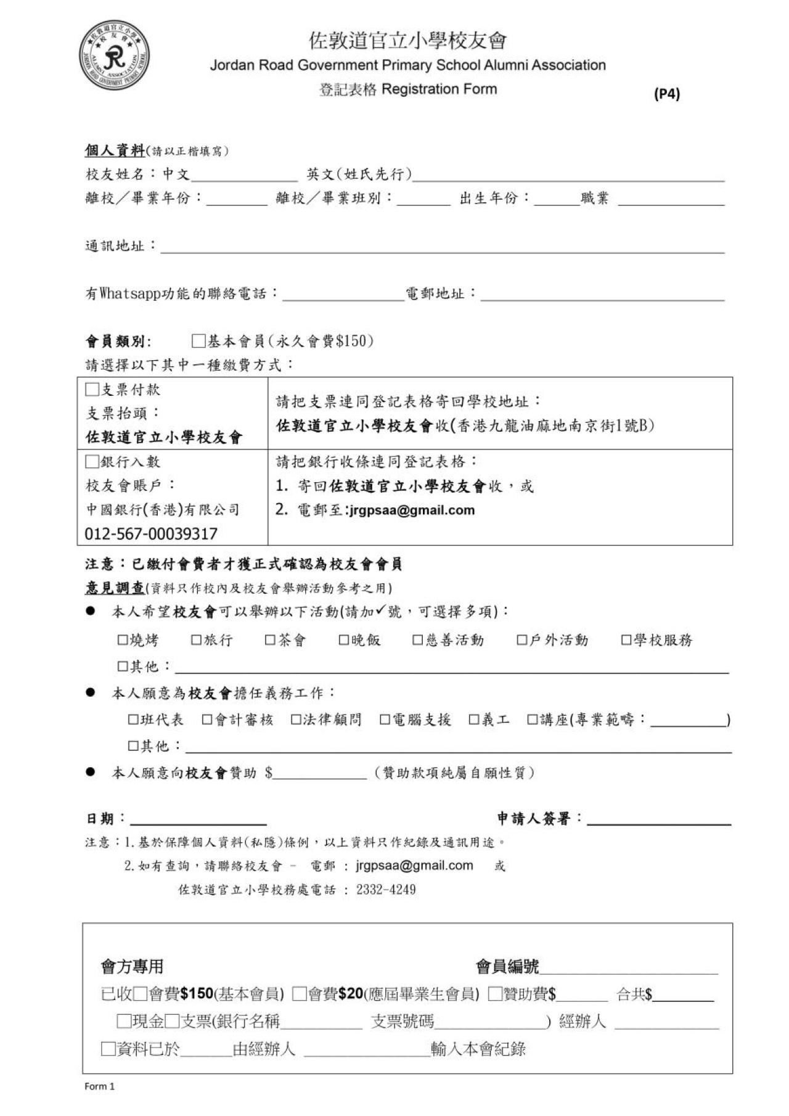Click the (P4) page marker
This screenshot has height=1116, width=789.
tap(666, 94)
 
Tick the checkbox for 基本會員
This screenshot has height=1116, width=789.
tap(198, 341)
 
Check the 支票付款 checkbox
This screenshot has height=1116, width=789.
tap(92, 389)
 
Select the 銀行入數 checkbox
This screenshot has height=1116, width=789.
tap(92, 461)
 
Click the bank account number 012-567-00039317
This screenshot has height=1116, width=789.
tap(151, 533)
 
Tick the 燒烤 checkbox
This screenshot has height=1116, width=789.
tap(123, 640)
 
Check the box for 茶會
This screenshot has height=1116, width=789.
tap(270, 640)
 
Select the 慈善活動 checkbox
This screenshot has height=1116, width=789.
tap(418, 640)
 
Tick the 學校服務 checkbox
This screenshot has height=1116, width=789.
tap(626, 640)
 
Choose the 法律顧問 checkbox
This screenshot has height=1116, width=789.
tap(296, 720)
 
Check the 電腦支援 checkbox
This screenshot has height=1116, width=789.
tap(385, 720)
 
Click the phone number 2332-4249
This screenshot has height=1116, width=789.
tap(386, 890)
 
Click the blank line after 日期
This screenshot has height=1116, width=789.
tap(198, 820)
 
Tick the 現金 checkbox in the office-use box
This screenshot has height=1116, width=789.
tap(124, 1022)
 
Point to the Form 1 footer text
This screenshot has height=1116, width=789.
tap(99, 1086)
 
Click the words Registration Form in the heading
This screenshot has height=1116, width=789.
tap(439, 89)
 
